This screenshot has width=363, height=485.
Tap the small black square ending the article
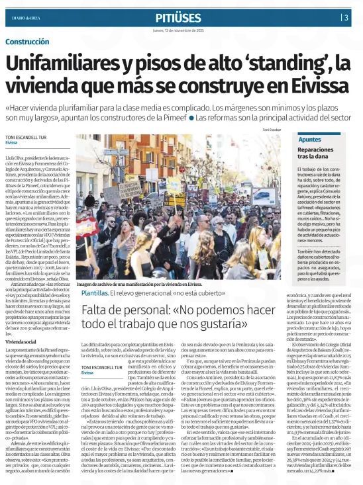[231, 471]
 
